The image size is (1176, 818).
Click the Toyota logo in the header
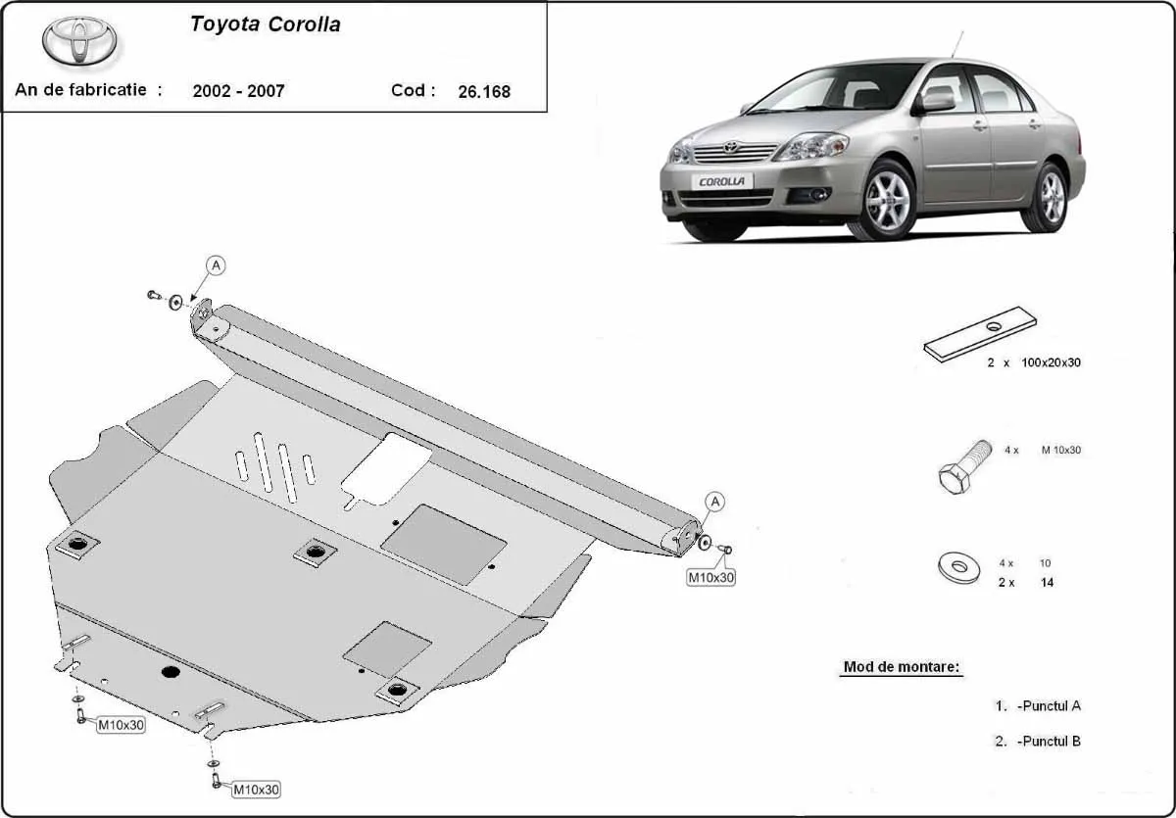pyautogui.click(x=78, y=41)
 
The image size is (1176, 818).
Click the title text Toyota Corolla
pyautogui.click(x=265, y=25)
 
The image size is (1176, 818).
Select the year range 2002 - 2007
pyautogui.click(x=239, y=91)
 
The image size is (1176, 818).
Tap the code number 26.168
pyautogui.click(x=484, y=92)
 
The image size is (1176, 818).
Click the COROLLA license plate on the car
pyautogui.click(x=721, y=181)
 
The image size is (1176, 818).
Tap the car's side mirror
pyautogui.click(x=936, y=101)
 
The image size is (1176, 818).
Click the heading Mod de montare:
pyautogui.click(x=902, y=668)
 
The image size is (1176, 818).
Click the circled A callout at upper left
pyautogui.click(x=216, y=265)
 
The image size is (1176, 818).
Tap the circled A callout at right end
pyautogui.click(x=715, y=502)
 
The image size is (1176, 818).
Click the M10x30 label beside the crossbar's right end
pyautogui.click(x=710, y=578)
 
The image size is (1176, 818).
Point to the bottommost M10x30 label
pyautogui.click(x=256, y=789)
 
